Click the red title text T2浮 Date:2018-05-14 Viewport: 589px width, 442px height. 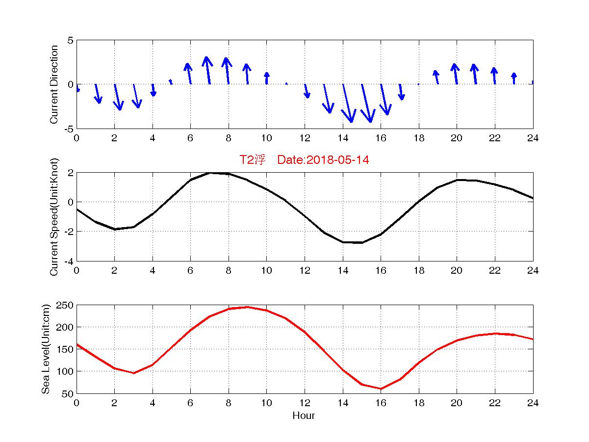pyautogui.click(x=304, y=160)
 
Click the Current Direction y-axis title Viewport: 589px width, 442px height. pyautogui.click(x=54, y=84)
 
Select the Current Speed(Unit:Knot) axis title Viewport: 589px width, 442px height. pyautogui.click(x=54, y=217)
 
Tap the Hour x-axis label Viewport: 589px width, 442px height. pyautogui.click(x=304, y=416)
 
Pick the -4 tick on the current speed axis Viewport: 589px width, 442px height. pyautogui.click(x=68, y=261)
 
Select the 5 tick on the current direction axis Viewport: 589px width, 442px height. pyautogui.click(x=71, y=40)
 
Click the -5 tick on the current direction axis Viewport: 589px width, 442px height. pyautogui.click(x=69, y=129)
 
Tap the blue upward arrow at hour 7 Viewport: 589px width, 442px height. pyautogui.click(x=208, y=70)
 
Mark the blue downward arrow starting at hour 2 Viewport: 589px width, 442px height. pyautogui.click(x=118, y=97)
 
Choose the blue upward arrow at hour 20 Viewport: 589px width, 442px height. pyautogui.click(x=456, y=74)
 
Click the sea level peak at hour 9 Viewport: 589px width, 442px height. pyautogui.click(x=247, y=307)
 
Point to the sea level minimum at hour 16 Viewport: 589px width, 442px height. pyautogui.click(x=381, y=389)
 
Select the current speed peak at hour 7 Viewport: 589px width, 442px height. pyautogui.click(x=209, y=173)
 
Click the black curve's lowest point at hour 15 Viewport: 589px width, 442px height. pyautogui.click(x=361, y=242)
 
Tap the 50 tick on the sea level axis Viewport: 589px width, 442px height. pyautogui.click(x=68, y=393)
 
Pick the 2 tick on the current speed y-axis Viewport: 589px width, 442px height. pyautogui.click(x=71, y=173)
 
